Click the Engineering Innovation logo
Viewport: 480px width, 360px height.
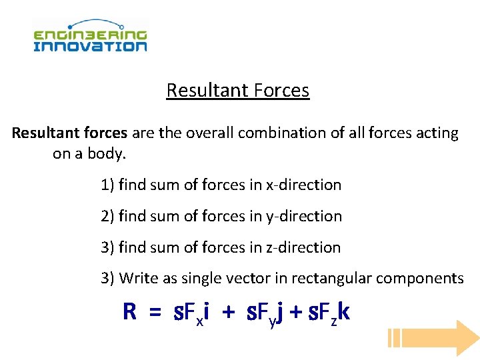[90, 37]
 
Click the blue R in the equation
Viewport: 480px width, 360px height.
[129, 311]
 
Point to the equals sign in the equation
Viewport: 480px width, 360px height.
[155, 312]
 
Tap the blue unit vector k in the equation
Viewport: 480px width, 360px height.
[344, 311]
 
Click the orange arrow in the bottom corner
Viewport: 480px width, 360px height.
[433, 338]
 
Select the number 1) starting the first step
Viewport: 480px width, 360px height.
[107, 185]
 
